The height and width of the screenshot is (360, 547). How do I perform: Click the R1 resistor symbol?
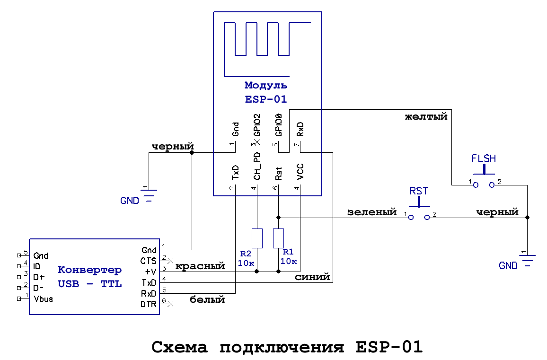pyautogui.click(x=279, y=238)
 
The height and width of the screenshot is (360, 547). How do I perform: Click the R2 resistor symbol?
pyautogui.click(x=257, y=238)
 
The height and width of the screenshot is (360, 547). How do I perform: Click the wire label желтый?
pyautogui.click(x=426, y=116)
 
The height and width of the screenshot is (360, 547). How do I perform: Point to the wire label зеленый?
pyautogui.click(x=371, y=212)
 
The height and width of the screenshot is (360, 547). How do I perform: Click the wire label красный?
pyautogui.click(x=200, y=266)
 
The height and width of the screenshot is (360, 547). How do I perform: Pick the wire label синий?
pyautogui.click(x=312, y=277)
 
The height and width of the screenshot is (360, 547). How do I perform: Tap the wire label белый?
pyautogui.click(x=207, y=299)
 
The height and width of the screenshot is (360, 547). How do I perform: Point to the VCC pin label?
pyautogui.click(x=300, y=172)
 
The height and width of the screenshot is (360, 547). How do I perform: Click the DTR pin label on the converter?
pyautogui.click(x=149, y=304)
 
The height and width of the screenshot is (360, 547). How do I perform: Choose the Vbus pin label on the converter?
pyautogui.click(x=43, y=299)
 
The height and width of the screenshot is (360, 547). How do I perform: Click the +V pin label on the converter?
pyautogui.click(x=150, y=272)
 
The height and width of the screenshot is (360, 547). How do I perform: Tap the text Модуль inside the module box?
pyautogui.click(x=265, y=86)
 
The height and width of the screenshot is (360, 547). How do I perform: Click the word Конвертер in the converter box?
pyautogui.click(x=89, y=270)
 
